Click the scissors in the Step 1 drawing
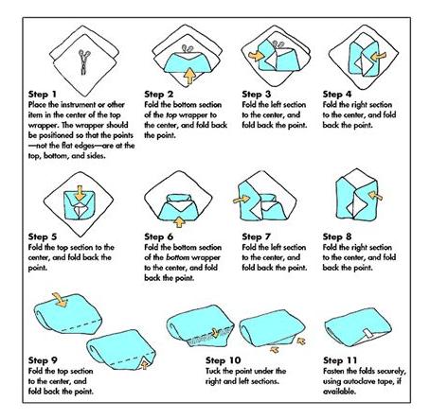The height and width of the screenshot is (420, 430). click(x=84, y=62)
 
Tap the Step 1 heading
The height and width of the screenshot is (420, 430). click(x=43, y=95)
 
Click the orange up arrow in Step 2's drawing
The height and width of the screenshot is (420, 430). click(x=189, y=76)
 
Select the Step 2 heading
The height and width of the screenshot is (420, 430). click(x=159, y=95)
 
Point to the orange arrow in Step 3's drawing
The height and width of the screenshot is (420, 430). click(x=256, y=56)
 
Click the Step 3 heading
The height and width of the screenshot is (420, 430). click(x=257, y=95)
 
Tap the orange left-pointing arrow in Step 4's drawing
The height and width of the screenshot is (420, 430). click(x=378, y=57)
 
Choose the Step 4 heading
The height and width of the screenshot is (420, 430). click(x=337, y=95)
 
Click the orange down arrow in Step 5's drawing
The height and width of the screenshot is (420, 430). click(x=80, y=193)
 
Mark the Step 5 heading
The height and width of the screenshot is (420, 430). click(x=43, y=236)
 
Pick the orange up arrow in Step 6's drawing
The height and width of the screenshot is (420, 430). click(x=179, y=222)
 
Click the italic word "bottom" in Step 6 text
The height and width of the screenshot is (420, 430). click(x=178, y=257)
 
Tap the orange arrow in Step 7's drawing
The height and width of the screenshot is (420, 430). click(x=242, y=200)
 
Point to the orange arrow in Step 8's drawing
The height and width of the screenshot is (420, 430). click(x=375, y=196)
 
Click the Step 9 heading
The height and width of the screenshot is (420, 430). click(x=43, y=360)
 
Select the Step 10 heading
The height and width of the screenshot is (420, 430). click(x=223, y=360)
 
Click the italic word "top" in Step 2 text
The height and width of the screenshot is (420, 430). click(x=171, y=115)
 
